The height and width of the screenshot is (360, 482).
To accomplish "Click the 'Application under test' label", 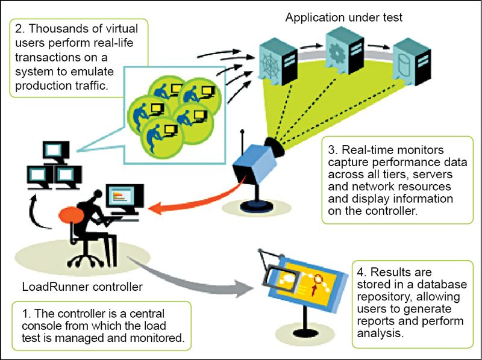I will [343, 17].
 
